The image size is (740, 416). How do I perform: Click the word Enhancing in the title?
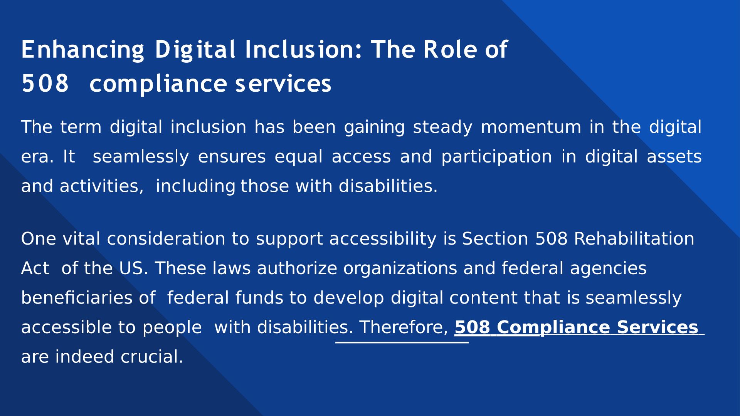[83, 50]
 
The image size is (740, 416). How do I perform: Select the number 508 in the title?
[45, 84]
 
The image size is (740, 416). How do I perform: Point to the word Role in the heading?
[450, 49]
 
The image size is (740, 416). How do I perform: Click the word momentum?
[531, 127]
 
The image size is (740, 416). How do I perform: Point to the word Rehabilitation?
[634, 239]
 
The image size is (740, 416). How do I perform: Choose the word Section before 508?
[495, 239]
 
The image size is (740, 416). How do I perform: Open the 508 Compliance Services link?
[576, 327]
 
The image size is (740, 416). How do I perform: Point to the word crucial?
[152, 357]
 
